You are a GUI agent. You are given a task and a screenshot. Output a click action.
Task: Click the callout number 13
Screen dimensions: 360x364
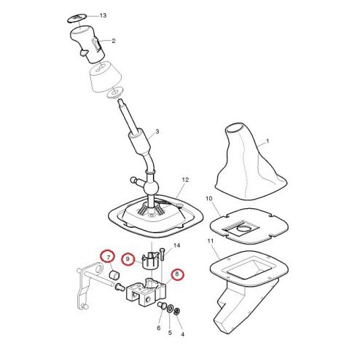[x=103, y=15]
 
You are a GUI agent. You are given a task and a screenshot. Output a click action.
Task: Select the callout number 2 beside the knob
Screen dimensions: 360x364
[x=114, y=41]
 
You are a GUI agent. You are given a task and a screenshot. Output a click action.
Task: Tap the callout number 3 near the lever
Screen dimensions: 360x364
[x=157, y=132]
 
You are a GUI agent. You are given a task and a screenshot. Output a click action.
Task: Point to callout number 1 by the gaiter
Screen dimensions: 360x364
[x=267, y=141]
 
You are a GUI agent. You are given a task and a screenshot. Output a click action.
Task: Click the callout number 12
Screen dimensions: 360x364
[x=185, y=180]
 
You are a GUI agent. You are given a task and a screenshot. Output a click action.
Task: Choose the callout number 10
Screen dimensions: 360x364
[x=209, y=199]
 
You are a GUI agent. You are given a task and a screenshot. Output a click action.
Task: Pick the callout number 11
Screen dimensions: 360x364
[x=211, y=241]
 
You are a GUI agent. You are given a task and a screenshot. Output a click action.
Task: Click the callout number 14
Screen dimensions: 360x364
[x=177, y=245]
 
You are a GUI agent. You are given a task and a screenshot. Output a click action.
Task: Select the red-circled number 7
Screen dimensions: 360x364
[x=108, y=257]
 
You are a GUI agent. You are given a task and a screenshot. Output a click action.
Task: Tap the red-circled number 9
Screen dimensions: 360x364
[x=128, y=259]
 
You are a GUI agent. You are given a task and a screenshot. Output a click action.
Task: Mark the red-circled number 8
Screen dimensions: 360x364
[x=177, y=274]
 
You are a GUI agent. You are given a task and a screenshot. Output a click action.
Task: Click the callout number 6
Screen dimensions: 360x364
[x=159, y=328]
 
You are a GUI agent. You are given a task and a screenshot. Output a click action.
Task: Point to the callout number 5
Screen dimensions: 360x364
[x=170, y=333]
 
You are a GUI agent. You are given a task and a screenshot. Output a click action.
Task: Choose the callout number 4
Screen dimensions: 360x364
[x=182, y=334]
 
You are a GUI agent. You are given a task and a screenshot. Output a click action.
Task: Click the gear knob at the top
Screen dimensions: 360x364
[x=87, y=44]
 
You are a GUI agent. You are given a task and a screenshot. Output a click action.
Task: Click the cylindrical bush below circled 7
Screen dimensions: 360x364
[x=114, y=274]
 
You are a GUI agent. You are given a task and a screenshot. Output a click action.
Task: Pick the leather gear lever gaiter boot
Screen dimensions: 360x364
[x=250, y=161]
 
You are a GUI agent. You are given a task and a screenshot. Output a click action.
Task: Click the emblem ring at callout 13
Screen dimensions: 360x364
[x=77, y=18]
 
